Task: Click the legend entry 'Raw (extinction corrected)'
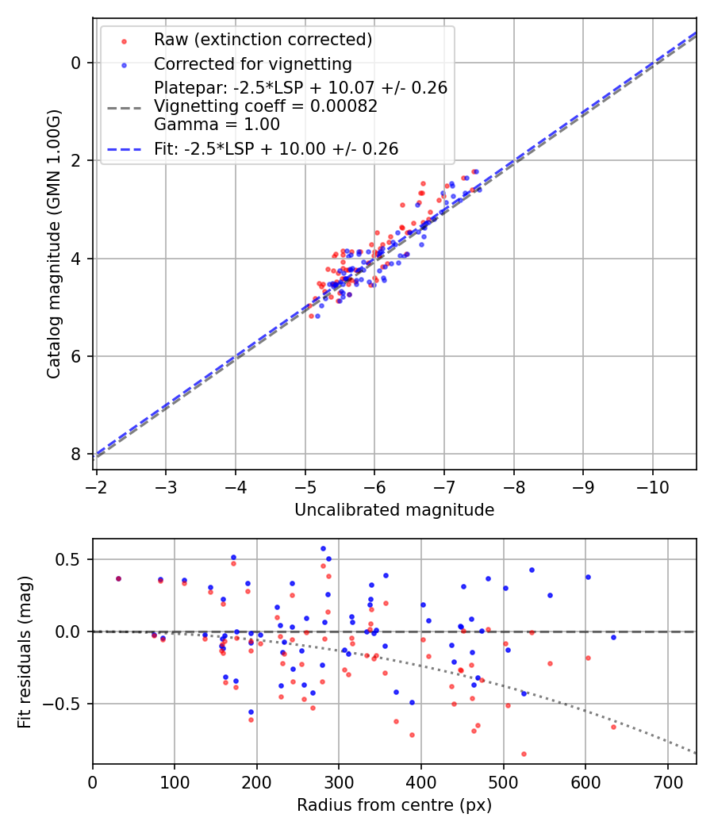coord(263,40)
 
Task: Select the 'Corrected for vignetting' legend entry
coord(253,63)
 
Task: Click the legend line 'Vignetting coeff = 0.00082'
coord(266,106)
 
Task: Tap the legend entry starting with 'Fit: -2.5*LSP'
coord(276,149)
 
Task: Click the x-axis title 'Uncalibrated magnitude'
coord(394,510)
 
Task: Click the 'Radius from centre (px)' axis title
coord(394,805)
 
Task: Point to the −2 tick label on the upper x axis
coord(97,486)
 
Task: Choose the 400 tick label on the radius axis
coord(421,781)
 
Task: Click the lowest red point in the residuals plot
coord(524,754)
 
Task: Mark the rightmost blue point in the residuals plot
coord(613,637)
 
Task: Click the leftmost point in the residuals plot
coord(118,578)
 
